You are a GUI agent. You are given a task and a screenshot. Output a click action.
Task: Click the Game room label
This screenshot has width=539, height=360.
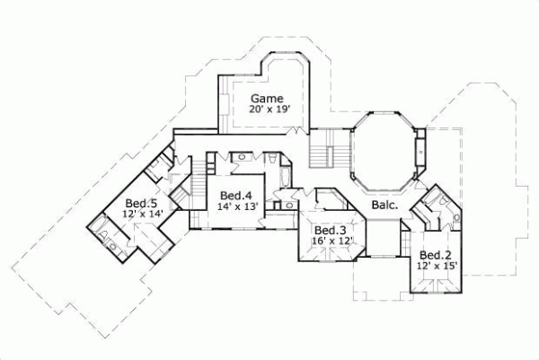coord(267,98)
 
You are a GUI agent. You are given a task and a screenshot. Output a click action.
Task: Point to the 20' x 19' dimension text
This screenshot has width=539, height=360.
coord(269,110)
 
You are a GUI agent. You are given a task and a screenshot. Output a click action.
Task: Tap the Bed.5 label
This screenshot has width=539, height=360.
coord(143,202)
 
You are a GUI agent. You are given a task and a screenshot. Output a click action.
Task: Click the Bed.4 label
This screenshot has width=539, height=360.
coord(234,195)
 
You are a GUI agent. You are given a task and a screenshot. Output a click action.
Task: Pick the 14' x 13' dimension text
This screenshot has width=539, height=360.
coord(238,206)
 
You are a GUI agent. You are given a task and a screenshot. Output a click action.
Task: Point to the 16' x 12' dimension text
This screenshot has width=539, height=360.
coord(331,241)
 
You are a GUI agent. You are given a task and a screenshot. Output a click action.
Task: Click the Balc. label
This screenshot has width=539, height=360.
coord(385,206)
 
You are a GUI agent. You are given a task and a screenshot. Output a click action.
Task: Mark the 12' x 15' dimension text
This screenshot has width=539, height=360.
coord(437,266)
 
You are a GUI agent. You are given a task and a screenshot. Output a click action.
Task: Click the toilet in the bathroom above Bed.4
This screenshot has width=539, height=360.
coord(270,158)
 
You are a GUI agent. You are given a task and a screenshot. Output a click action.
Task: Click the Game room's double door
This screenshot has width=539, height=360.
coord(292,133)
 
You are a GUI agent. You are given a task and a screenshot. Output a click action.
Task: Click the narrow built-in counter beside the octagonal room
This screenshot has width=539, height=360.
coord(420,153)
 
